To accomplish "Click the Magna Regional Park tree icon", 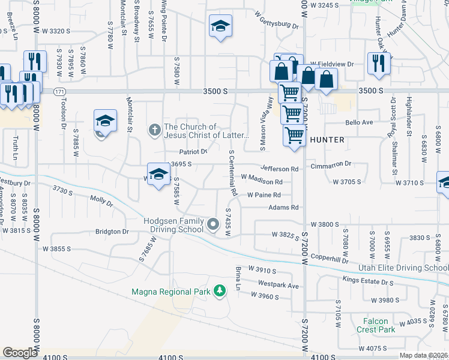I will pyautogui.click(x=220, y=292).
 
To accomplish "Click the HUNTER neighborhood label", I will pyautogui.click(x=327, y=140).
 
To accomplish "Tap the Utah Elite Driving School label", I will pyautogui.click(x=403, y=267).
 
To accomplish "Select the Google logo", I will pyautogui.click(x=20, y=352).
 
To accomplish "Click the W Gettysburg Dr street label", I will pyautogui.click(x=276, y=20).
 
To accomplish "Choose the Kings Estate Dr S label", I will pyautogui.click(x=368, y=281).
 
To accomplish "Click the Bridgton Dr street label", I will pyautogui.click(x=112, y=231).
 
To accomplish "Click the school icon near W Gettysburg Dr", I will pyautogui.click(x=220, y=26).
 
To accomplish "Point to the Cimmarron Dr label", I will pyautogui.click(x=331, y=164).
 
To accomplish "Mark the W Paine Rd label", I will pyautogui.click(x=265, y=195).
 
